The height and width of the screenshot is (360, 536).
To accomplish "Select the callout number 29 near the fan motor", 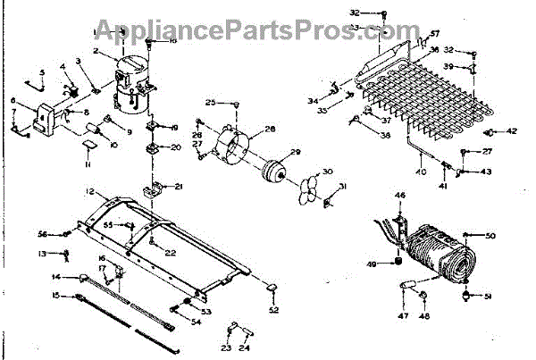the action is [x=296, y=153].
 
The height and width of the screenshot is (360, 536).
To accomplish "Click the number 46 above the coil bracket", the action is [x=400, y=195].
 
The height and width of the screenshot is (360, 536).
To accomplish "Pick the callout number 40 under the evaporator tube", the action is [x=419, y=172].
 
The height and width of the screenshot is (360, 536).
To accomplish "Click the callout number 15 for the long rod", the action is [x=57, y=296].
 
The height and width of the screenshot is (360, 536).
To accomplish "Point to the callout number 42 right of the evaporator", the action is [x=512, y=131].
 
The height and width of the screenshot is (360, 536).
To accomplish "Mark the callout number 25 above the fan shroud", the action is [x=210, y=103].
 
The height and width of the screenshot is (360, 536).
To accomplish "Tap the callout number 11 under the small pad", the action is [x=88, y=165].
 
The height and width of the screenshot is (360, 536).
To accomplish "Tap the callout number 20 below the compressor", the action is [x=175, y=147].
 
